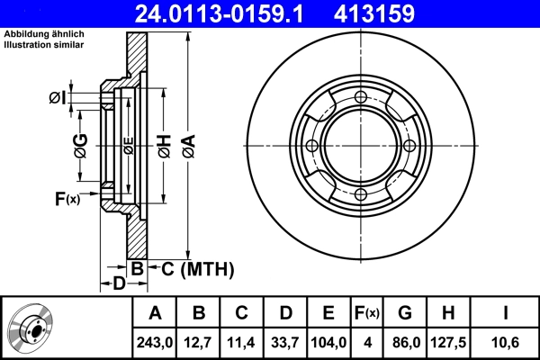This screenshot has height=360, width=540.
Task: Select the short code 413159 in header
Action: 400,13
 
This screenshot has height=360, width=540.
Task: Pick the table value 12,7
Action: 199,342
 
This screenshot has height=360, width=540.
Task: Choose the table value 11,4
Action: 242,342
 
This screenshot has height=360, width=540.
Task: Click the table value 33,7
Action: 285,342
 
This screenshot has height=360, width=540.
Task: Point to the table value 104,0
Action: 328,342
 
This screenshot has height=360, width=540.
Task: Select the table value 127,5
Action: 447,342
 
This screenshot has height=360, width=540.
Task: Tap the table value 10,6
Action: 506,342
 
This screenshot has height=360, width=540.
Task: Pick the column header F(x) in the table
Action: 365,313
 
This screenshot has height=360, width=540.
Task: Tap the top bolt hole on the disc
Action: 361,97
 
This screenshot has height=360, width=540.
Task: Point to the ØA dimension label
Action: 186,148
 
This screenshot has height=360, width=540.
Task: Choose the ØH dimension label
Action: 164,148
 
